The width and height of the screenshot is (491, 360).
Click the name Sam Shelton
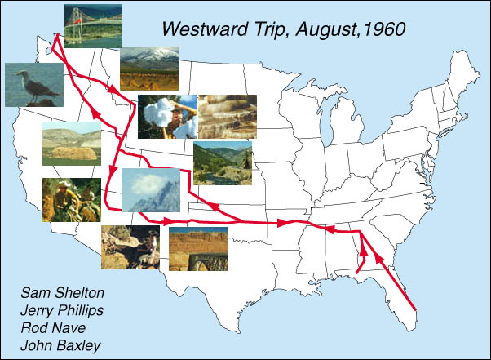click(62, 293)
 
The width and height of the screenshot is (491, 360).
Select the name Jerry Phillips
click(62, 311)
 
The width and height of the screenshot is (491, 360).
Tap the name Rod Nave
click(53, 328)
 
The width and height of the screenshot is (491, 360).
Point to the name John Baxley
click(60, 346)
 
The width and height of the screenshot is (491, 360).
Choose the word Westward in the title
click(206, 29)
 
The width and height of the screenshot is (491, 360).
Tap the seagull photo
click(34, 85)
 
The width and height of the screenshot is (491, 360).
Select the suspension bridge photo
click(93, 26)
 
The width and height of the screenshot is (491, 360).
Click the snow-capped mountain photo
click(149, 69)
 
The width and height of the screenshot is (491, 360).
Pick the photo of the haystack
click(72, 144)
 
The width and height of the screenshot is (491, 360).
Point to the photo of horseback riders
click(72, 200)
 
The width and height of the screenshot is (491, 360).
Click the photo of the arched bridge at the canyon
click(198, 249)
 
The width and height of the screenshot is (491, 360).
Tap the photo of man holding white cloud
click(167, 117)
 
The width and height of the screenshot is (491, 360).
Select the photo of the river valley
click(223, 163)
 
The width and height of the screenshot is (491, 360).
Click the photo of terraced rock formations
click(228, 117)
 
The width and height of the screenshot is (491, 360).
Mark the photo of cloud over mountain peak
click(151, 190)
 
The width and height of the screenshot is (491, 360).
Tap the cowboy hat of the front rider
click(64, 184)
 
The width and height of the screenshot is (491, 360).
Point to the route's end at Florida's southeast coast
click(415, 310)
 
